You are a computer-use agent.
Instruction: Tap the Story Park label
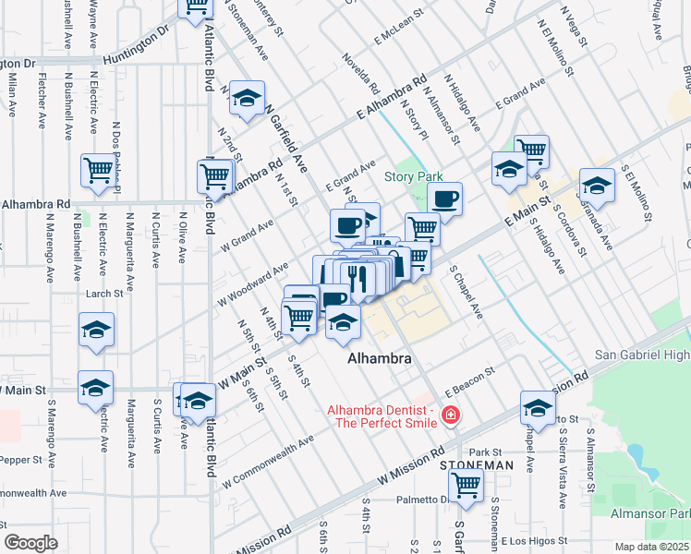(x=414, y=177)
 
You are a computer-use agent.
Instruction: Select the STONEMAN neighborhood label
(x=477, y=465)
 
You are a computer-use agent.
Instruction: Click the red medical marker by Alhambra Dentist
(x=450, y=415)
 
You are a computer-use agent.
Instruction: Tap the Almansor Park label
(x=650, y=512)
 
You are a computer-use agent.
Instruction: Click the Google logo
(x=30, y=543)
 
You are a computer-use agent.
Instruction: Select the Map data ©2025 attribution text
(x=652, y=547)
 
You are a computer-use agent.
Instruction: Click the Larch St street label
(x=103, y=294)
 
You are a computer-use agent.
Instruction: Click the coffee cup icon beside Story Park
(x=444, y=198)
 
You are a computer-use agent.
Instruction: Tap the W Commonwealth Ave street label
(x=268, y=466)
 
